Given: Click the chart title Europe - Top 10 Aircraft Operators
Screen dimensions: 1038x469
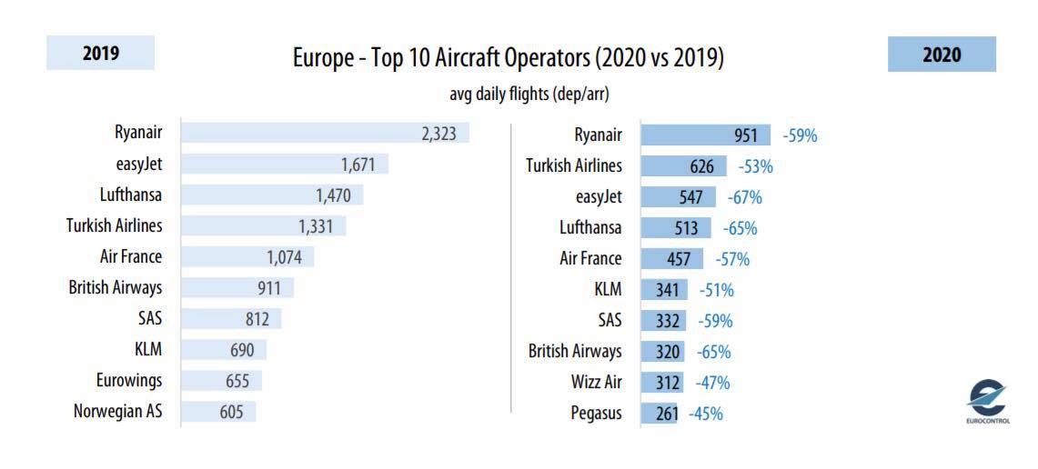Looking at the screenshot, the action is (440, 59).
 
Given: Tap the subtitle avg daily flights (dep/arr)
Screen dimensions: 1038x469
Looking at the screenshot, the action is (529, 95).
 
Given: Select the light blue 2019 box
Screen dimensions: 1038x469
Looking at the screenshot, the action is (101, 53).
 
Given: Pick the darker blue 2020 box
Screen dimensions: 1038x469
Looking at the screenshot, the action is (942, 55).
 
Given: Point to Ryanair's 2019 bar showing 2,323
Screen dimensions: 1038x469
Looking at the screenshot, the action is (325, 133).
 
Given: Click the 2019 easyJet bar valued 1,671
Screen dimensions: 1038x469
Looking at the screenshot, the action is (285, 164).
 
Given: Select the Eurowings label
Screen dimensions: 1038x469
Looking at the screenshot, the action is (128, 380).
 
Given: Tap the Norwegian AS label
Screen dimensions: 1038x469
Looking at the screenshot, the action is (118, 412).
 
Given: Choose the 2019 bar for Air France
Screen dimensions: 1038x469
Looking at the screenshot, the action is (247, 256).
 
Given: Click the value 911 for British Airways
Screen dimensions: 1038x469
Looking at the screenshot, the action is (268, 288).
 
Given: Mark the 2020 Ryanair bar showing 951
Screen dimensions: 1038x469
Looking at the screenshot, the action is (706, 135).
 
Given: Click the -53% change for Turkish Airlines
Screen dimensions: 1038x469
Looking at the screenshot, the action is (755, 166).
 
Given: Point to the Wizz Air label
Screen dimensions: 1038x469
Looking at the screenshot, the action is (597, 383).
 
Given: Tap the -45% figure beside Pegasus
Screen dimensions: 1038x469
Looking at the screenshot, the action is (706, 414).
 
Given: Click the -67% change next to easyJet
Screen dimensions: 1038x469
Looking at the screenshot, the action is (745, 197).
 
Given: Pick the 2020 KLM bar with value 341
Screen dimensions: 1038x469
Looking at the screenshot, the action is (665, 290).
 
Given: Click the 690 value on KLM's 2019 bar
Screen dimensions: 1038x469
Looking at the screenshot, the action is (242, 350).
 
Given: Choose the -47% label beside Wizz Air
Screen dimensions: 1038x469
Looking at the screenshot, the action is (712, 383).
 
